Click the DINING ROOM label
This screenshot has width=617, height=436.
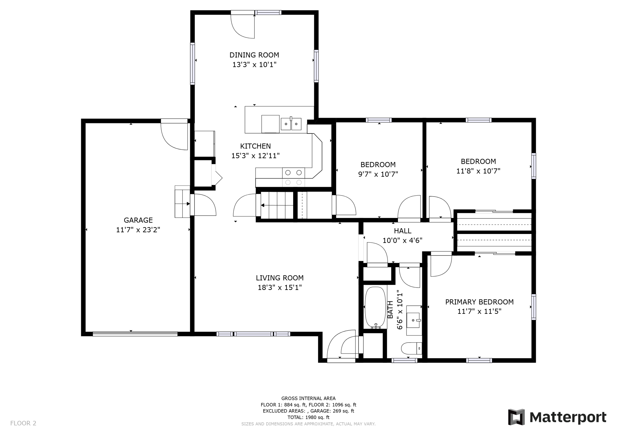[254, 55]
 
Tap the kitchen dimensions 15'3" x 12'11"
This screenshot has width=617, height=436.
[255, 156]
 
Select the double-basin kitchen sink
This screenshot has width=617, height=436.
[291, 124]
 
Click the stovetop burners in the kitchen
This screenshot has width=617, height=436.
[293, 177]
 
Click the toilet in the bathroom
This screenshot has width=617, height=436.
[411, 348]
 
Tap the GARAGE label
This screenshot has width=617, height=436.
[138, 220]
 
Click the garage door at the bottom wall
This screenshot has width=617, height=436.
[135, 334]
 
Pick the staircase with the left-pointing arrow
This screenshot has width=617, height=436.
[277, 205]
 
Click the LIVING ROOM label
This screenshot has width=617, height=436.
[280, 278]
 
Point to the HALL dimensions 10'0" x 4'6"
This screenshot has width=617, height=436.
[402, 240]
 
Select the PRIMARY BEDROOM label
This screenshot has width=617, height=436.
[479, 302]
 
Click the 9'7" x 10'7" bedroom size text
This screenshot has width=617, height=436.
[378, 174]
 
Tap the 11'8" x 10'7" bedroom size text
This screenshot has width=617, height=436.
[478, 171]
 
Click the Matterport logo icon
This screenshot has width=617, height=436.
[516, 417]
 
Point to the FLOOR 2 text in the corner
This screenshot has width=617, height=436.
[23, 423]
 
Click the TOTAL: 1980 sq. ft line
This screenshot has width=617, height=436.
[308, 417]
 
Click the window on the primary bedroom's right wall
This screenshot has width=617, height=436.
[534, 307]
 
